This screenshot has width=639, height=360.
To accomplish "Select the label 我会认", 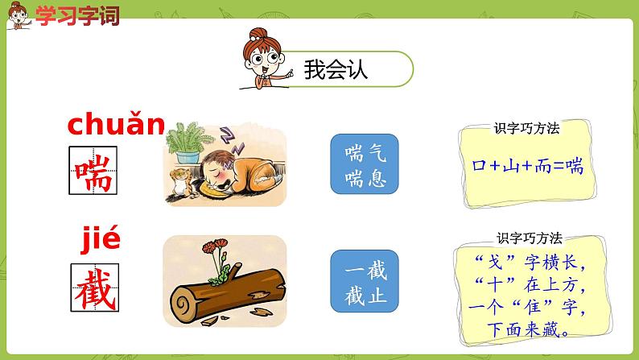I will pyautogui.click(x=336, y=70).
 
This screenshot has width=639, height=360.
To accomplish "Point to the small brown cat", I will pyautogui.click(x=179, y=184).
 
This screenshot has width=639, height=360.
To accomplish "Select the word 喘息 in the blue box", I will pyautogui.click(x=365, y=177).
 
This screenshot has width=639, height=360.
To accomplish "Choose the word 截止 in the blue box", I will pyautogui.click(x=365, y=295).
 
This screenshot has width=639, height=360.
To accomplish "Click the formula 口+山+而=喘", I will pyautogui.click(x=527, y=168).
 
